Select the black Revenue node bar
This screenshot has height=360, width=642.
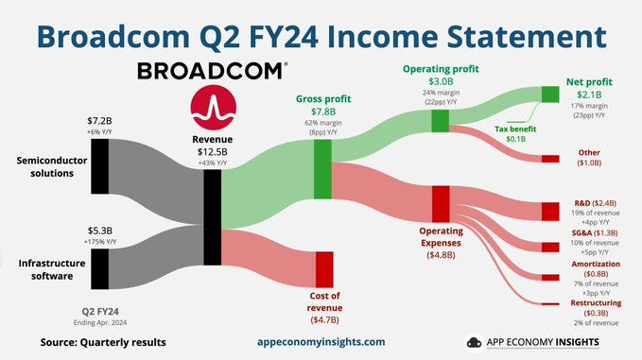[x=213, y=217]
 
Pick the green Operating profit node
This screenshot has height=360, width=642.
[x=440, y=121]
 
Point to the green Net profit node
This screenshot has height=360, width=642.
[x=550, y=94]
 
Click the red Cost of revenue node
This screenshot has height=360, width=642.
[x=325, y=269]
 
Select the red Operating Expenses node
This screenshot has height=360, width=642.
[x=440, y=204]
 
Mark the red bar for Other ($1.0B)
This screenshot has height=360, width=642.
[x=549, y=158]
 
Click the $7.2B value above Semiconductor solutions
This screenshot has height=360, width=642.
[x=99, y=120]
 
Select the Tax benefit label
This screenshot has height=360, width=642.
[x=516, y=129]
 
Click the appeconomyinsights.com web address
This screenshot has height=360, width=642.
[x=321, y=341]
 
